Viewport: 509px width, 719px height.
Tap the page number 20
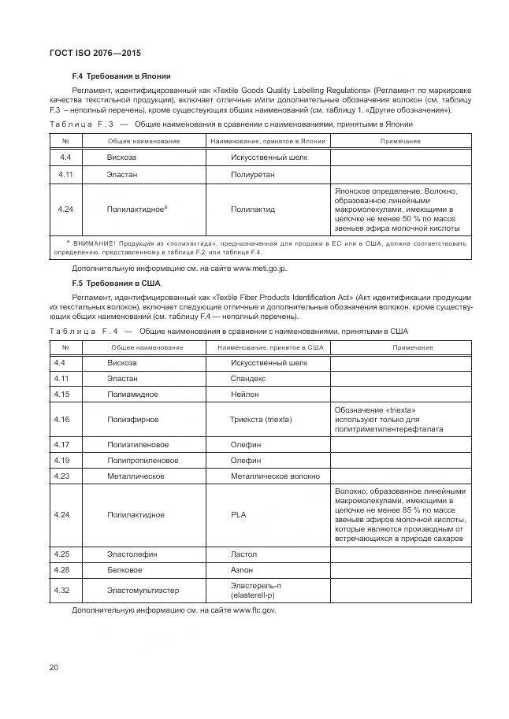(55, 668)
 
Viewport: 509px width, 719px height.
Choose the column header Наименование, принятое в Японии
(268, 141)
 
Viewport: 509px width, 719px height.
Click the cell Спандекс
(248, 379)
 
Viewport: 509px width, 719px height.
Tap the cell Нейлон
(245, 394)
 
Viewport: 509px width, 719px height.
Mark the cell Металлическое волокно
(275, 476)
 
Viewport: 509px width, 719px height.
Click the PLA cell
(239, 514)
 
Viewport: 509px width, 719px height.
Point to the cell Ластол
(244, 554)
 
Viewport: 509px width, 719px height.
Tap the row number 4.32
(62, 589)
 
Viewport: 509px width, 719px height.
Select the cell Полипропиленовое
(143, 461)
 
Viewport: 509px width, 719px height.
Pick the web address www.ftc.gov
(254, 610)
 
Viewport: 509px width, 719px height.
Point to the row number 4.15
(62, 394)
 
